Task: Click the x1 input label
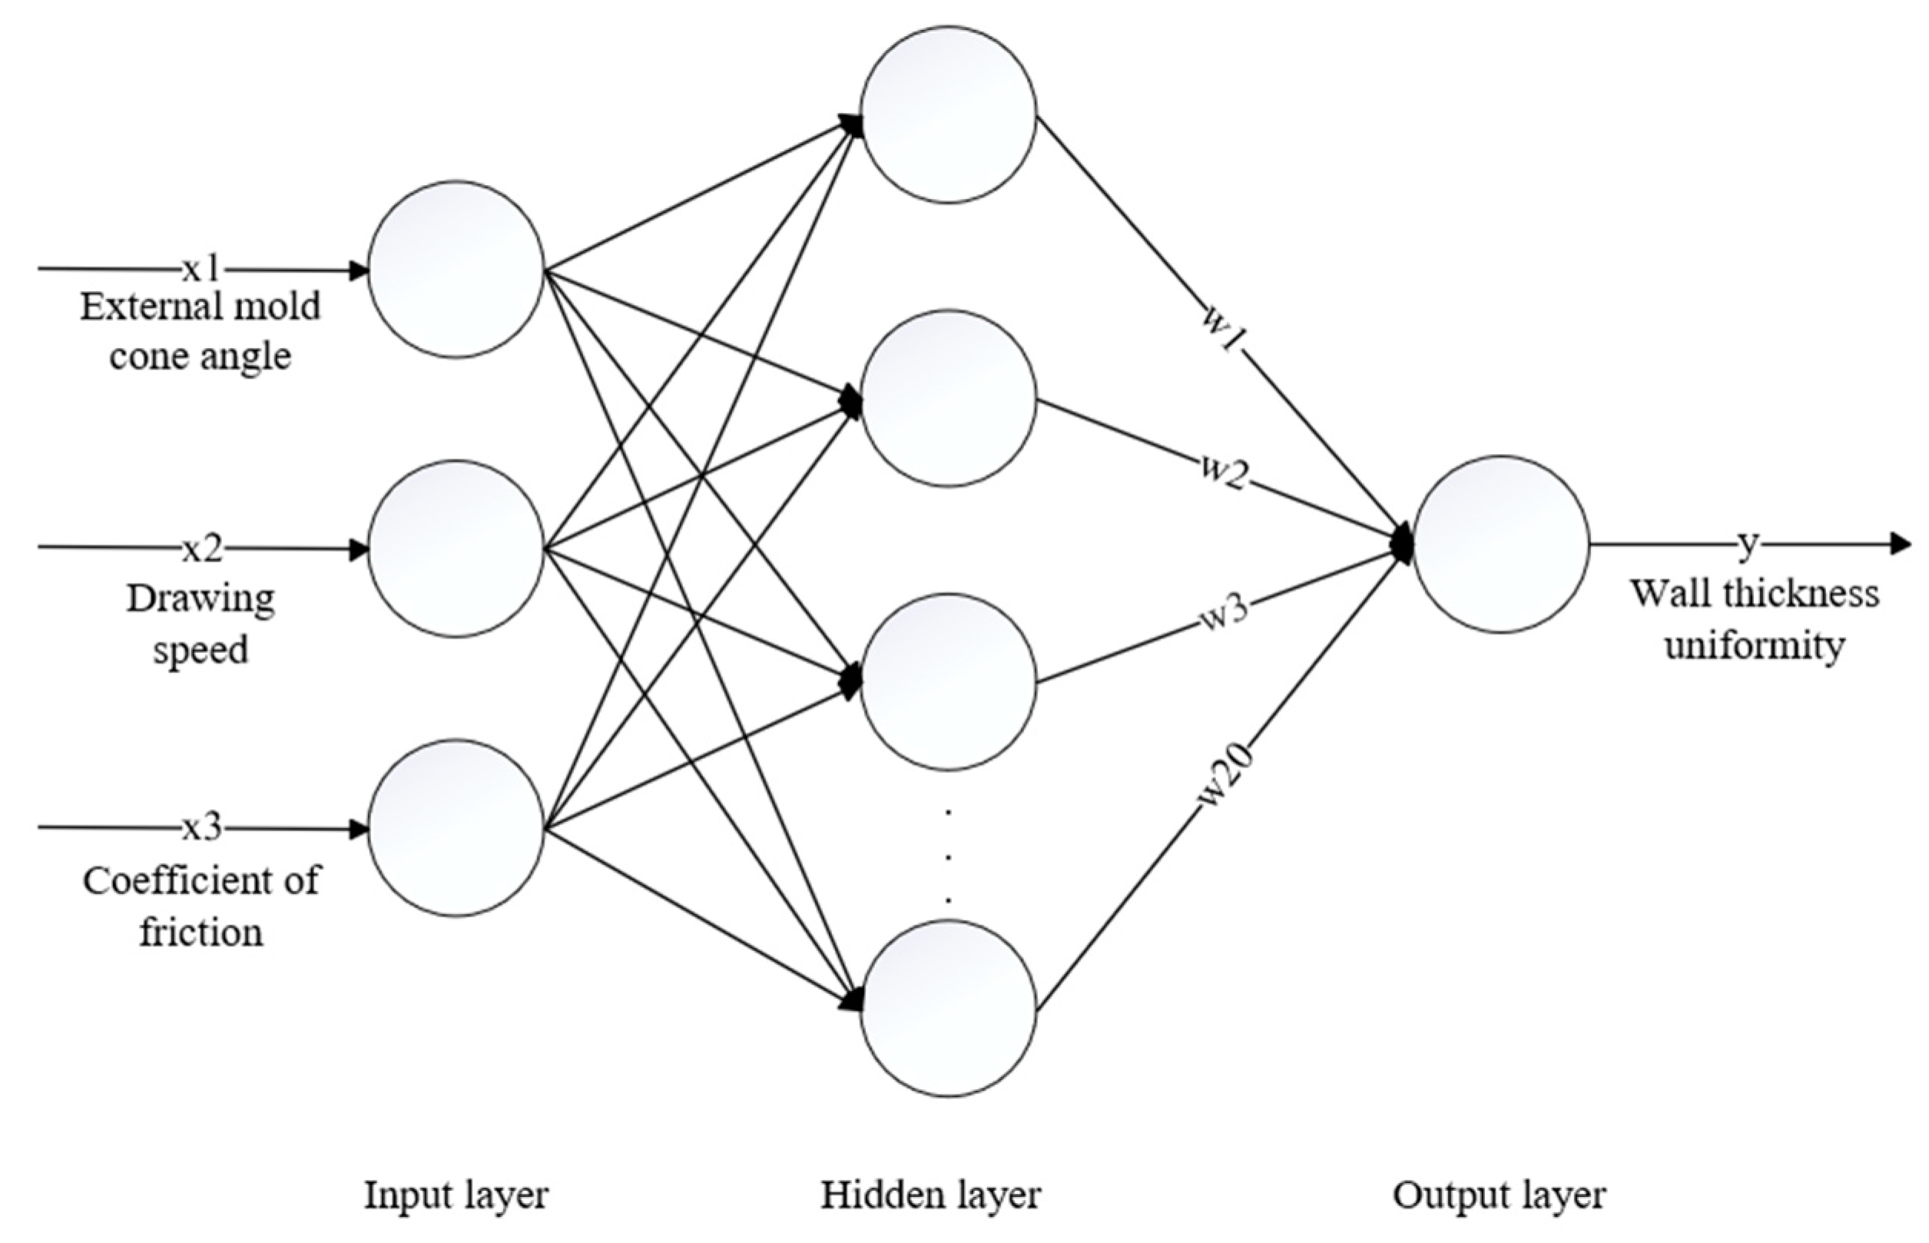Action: click(201, 270)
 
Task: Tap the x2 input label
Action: click(202, 549)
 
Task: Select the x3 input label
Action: click(202, 828)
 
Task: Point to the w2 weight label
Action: click(1225, 473)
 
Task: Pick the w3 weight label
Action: click(1225, 613)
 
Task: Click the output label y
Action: click(1747, 545)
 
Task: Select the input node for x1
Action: click(456, 270)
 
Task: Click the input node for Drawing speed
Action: click(456, 549)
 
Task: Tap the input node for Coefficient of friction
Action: click(456, 828)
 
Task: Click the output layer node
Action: click(1500, 545)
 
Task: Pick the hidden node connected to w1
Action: click(948, 114)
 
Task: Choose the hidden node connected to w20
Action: click(948, 1008)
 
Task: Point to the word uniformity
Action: click(1755, 646)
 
